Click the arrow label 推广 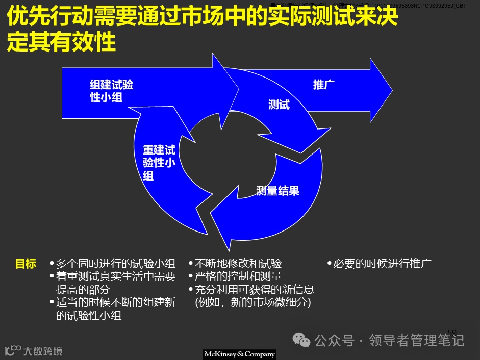323,85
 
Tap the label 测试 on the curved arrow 279,105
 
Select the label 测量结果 277,191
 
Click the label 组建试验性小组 111,91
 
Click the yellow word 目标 26,264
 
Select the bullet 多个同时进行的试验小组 115,264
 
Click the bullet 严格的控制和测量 238,277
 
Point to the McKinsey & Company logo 240,354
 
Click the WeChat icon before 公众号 304,340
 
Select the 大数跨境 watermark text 43,351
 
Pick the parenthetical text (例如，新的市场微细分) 253,302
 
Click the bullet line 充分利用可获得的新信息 254,290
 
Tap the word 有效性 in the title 87,43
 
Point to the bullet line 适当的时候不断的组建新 115,302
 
